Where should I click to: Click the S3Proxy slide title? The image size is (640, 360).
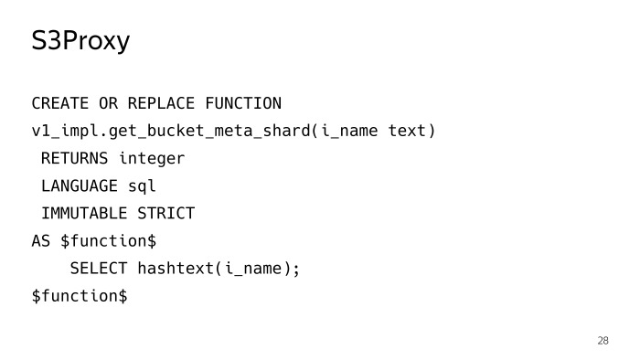tap(80, 41)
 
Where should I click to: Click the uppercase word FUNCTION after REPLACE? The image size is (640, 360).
tap(243, 103)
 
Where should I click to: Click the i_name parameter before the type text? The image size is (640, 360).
tap(348, 131)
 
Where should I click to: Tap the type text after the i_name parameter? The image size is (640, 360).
tap(407, 131)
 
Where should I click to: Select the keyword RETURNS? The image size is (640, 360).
tap(74, 158)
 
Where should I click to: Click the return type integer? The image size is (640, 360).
tap(152, 158)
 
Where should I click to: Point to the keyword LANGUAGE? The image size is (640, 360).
tap(80, 186)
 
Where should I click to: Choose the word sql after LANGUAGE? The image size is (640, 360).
tap(142, 186)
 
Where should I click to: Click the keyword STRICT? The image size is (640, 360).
tap(166, 214)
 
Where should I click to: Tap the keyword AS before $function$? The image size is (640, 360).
tap(41, 241)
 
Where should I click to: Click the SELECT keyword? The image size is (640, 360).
tap(99, 269)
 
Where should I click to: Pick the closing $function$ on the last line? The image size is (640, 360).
tap(80, 296)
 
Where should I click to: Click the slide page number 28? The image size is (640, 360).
tap(603, 341)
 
